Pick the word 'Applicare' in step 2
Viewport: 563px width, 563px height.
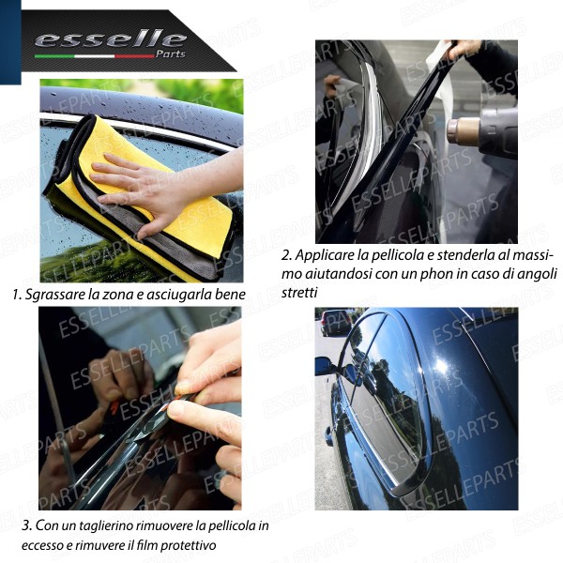pyautogui.click(x=326, y=255)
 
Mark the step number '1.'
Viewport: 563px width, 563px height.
pyautogui.click(x=17, y=295)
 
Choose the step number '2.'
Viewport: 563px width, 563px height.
pyautogui.click(x=287, y=255)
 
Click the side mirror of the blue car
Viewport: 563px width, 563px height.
pyautogui.click(x=325, y=365)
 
